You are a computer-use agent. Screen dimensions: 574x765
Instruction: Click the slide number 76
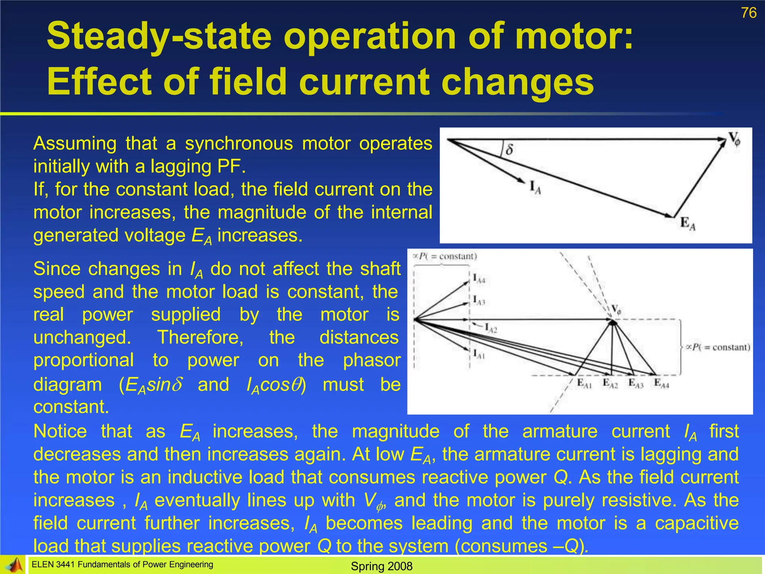coord(749,13)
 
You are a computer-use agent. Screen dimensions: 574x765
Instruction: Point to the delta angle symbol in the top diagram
coord(509,150)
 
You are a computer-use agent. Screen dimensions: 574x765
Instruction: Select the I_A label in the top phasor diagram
coord(535,188)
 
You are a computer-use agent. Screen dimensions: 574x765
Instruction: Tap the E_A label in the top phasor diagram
coord(688,224)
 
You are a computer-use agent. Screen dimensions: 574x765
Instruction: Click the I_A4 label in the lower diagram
coord(479,279)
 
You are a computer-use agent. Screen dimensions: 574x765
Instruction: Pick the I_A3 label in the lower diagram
coord(478,300)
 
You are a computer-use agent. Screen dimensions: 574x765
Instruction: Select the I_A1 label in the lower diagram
coord(478,354)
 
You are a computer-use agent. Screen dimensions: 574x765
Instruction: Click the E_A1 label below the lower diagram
coord(584,383)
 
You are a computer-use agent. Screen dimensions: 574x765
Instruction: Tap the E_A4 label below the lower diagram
coord(661,383)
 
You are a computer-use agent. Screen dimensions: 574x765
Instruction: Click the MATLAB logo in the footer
coord(13,565)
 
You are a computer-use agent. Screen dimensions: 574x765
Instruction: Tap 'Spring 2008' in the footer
coord(382,566)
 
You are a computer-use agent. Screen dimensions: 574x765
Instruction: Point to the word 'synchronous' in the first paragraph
coord(239,143)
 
